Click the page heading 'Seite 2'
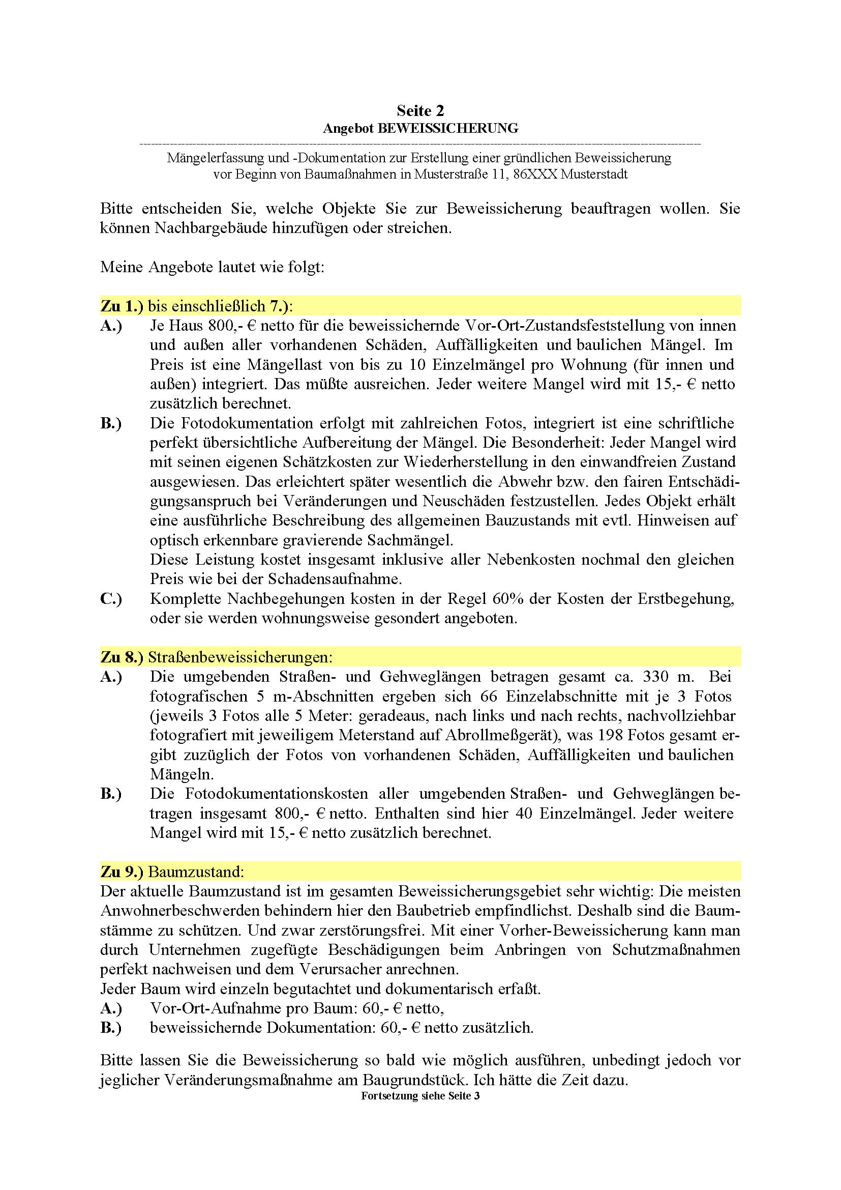tap(420, 110)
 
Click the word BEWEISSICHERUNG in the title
tap(448, 128)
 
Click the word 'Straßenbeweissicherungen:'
tap(241, 657)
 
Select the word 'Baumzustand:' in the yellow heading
tap(196, 872)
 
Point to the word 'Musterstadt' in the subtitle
tap(594, 174)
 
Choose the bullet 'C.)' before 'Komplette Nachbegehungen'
tap(111, 599)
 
